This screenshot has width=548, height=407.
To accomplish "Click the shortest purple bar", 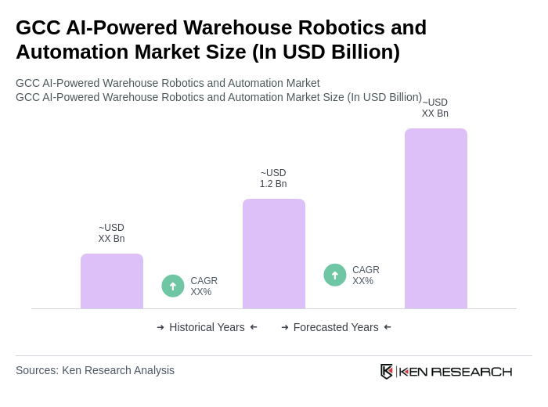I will point(112,281).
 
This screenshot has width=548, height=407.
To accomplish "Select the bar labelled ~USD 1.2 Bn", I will point(274,254).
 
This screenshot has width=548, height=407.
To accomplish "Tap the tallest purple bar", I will point(436,218).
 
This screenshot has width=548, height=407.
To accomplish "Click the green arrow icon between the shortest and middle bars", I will point(173,286).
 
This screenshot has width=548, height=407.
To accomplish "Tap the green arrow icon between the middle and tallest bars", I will point(335,275).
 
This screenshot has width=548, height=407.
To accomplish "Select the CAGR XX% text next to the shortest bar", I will point(204,286).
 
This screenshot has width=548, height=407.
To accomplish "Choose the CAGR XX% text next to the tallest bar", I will point(366,276).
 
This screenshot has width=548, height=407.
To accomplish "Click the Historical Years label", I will point(207,327).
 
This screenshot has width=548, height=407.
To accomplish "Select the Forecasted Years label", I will point(336,327).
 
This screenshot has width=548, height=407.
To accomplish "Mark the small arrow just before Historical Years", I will point(160,327).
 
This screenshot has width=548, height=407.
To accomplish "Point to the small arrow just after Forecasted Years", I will point(388,327).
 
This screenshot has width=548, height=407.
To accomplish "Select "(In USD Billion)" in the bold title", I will point(326,52).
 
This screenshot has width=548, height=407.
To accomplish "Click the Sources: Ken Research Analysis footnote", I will point(95,370).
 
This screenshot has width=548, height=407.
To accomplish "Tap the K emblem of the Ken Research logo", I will point(387,371).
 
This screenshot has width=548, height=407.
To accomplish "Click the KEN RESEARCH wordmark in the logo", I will point(456,371).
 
